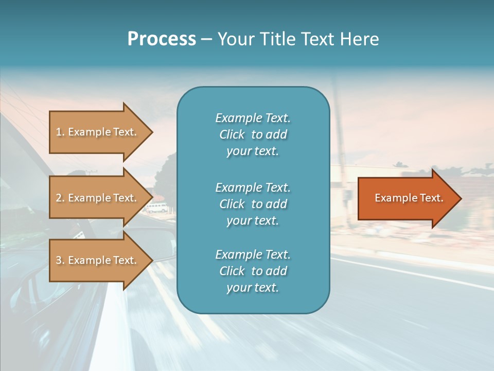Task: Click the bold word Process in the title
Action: (x=162, y=39)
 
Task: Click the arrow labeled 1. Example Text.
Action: (x=98, y=132)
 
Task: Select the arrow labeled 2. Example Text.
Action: (x=98, y=198)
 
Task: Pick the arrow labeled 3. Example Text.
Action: (x=98, y=260)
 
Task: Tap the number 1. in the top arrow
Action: (x=60, y=132)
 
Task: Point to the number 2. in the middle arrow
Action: (x=60, y=198)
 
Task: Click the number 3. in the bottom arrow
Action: (x=60, y=260)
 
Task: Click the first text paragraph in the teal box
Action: (x=253, y=134)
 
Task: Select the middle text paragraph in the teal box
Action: (x=253, y=204)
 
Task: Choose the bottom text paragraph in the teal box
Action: (x=253, y=271)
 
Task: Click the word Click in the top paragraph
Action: (x=232, y=135)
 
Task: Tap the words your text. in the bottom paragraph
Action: (x=253, y=288)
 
